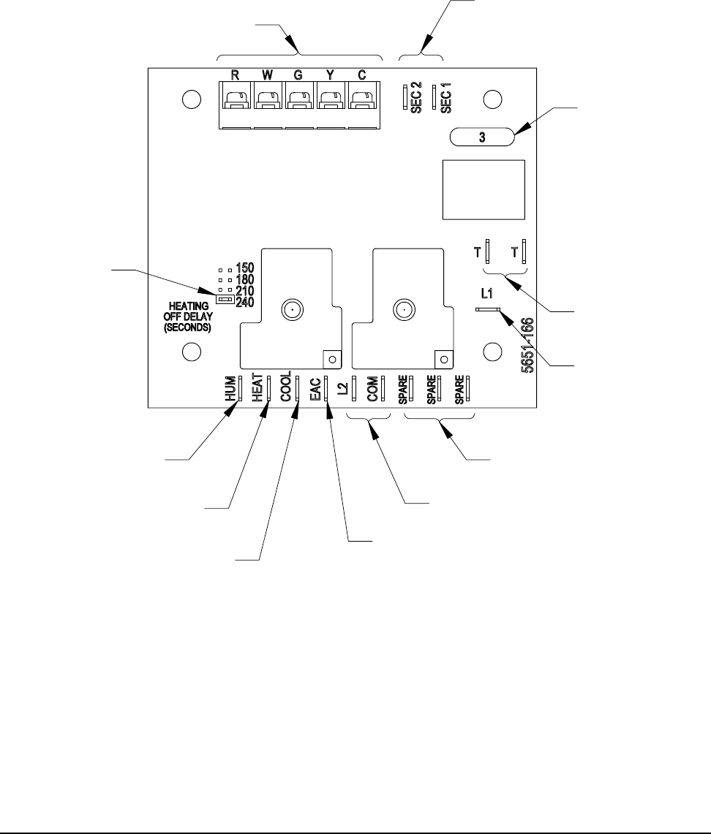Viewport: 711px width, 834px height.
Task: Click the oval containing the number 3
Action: [x=482, y=137]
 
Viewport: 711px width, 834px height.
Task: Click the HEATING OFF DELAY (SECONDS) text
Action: [x=187, y=316]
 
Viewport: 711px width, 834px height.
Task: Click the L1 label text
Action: [x=486, y=295]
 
